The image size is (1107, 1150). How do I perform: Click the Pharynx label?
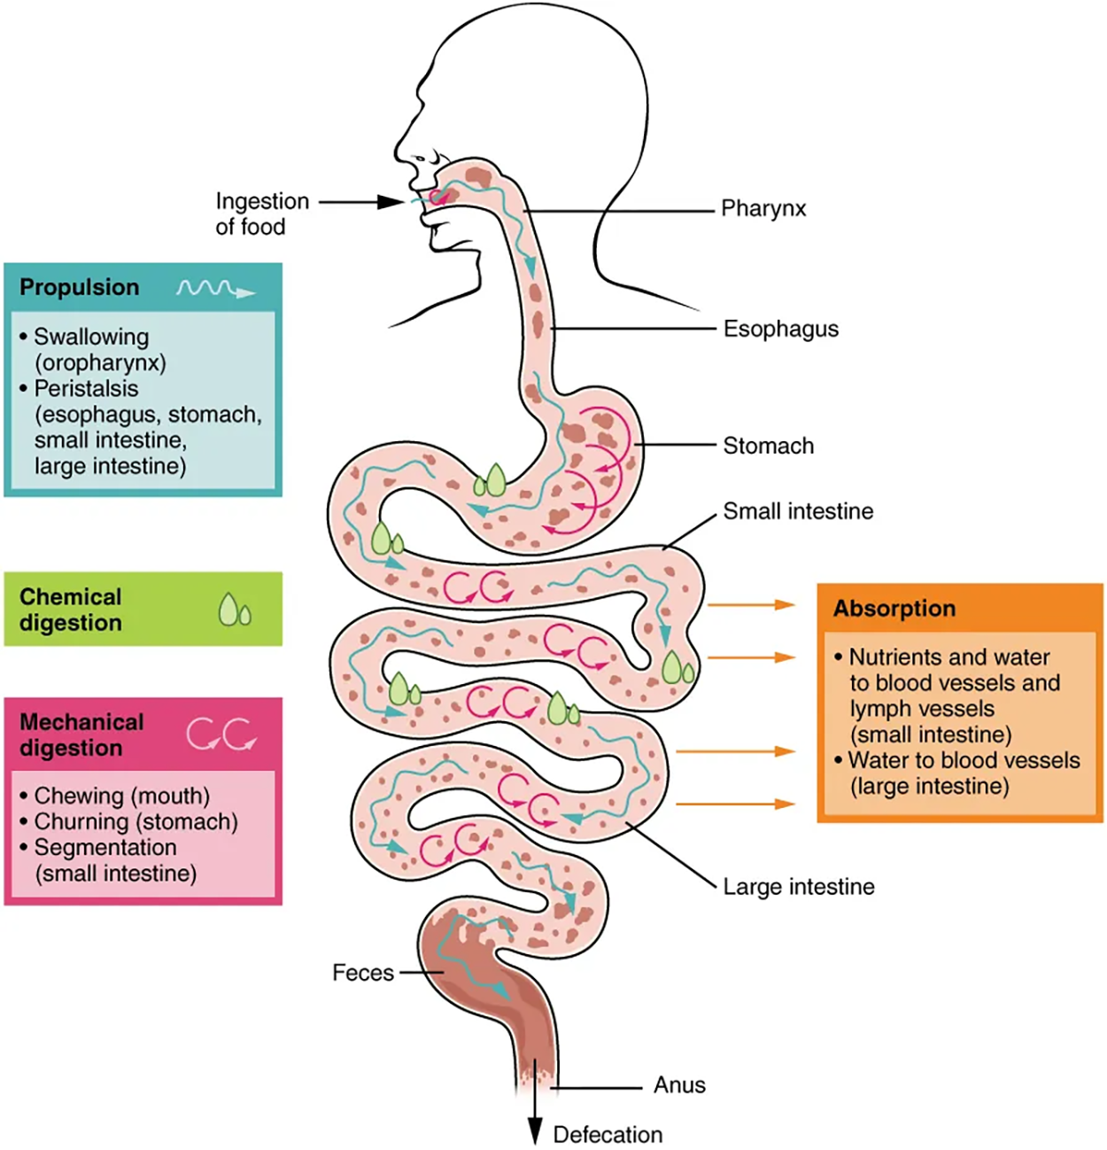click(x=763, y=209)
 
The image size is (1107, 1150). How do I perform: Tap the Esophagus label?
click(x=780, y=330)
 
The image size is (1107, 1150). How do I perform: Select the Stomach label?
click(x=768, y=446)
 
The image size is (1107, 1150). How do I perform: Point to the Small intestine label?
click(x=798, y=511)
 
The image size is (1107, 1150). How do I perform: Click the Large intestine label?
click(x=798, y=887)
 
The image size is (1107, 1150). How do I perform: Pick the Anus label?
click(x=679, y=1085)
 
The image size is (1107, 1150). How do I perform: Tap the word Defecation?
click(x=608, y=1135)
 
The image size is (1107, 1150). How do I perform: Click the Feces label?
click(x=363, y=973)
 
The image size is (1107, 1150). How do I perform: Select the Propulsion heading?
click(x=80, y=288)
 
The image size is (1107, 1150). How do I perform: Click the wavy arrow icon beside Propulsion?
click(x=215, y=289)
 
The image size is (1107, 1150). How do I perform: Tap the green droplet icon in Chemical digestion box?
click(x=234, y=610)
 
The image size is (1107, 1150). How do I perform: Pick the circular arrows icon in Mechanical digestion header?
click(x=221, y=734)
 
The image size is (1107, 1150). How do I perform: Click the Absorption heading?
click(x=894, y=609)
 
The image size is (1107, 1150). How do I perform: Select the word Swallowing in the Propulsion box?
click(x=91, y=338)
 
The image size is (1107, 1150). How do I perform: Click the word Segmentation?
click(x=105, y=848)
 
